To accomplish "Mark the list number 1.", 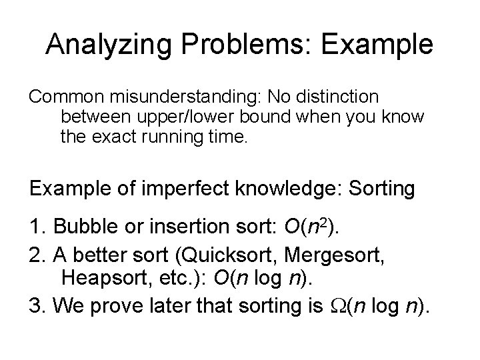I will [35, 230].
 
